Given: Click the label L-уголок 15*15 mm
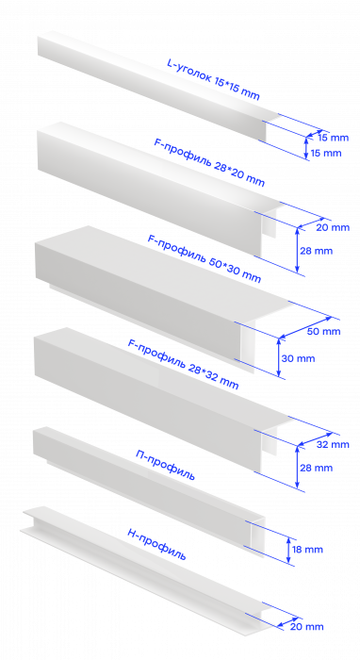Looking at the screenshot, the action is pos(213,80).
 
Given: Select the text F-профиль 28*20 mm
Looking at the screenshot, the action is pos(209,162).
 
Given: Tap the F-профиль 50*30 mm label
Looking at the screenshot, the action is pos(204,258).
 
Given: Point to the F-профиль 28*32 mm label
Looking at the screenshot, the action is pos(184,364).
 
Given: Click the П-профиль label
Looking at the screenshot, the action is pos(165,465).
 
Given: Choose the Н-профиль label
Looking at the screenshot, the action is pos(156,544).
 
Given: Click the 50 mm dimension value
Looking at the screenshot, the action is pos(323,331).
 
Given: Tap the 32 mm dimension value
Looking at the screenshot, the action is pos(333,444).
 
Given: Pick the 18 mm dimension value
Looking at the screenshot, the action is pos(307,550).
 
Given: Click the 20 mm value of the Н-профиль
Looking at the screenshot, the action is pos(306,626).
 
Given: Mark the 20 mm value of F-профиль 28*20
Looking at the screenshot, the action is pos(333,227).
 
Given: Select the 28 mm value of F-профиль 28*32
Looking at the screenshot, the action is pos(317,468).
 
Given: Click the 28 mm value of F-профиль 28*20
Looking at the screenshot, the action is pos(317,251).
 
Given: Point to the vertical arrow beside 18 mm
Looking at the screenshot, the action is pos(288,550).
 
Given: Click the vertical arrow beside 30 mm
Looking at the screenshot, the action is pos(278,357).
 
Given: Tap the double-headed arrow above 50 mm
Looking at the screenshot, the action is pos(305,327).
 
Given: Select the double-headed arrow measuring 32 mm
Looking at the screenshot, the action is pos(315,439).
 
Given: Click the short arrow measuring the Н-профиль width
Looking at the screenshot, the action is pos(288,622).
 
